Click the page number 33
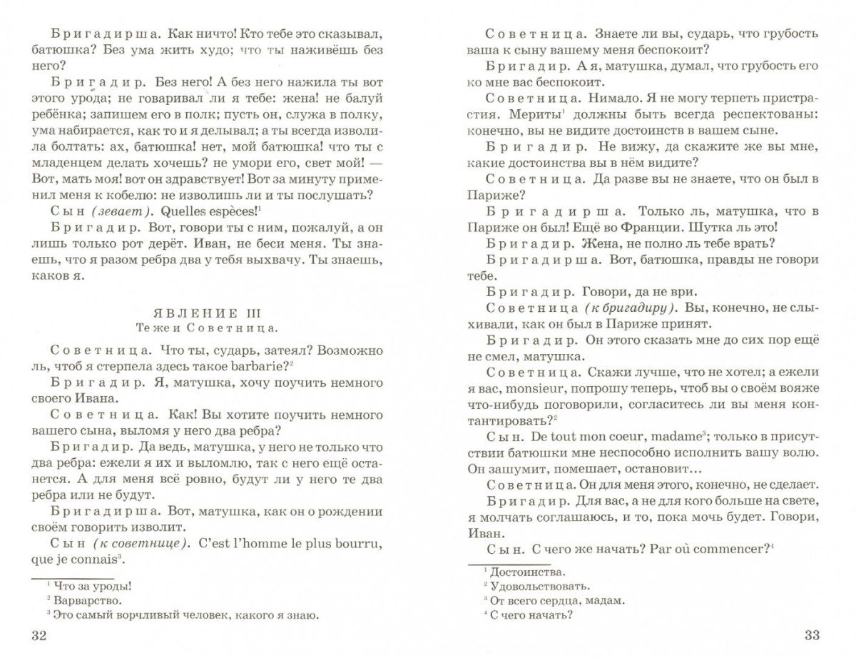(x=812, y=636)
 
